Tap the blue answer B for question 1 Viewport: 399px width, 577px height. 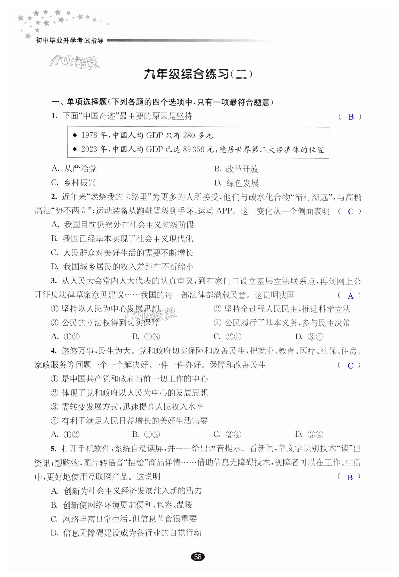coord(351,117)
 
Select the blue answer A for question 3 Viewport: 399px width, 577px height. coord(351,296)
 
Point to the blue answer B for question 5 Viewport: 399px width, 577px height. coord(350,477)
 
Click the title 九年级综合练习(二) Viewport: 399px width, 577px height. coord(198,74)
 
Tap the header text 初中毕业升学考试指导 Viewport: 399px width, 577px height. coord(70,40)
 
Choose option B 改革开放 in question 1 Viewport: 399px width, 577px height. coord(236,169)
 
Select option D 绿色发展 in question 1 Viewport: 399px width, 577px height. coord(236,183)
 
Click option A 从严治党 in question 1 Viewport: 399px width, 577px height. coord(74,169)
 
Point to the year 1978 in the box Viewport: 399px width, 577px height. coord(89,135)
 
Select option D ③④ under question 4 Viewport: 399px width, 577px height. coord(309,435)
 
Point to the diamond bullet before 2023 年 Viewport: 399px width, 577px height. coord(75,149)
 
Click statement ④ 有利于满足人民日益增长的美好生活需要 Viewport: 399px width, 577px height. coord(129,421)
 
